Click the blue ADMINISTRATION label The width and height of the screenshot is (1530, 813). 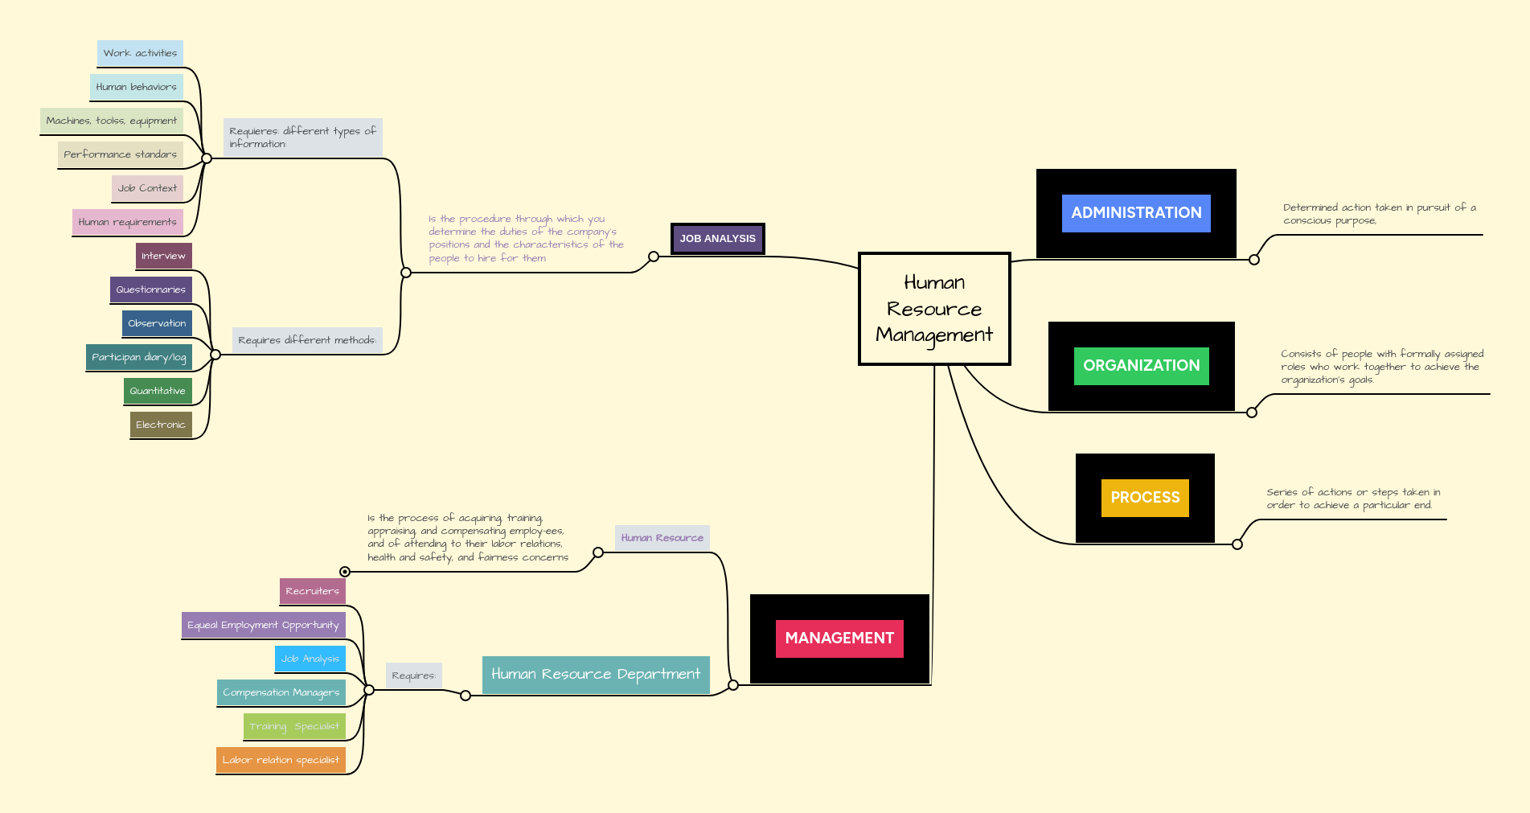1136,213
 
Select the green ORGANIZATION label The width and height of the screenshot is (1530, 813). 1141,366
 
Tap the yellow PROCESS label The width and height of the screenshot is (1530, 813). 1145,498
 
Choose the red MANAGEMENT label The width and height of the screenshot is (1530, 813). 839,638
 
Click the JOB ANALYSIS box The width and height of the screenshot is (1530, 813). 717,239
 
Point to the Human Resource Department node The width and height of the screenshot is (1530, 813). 596,675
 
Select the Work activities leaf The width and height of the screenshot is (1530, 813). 140,53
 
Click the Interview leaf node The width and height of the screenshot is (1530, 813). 163,256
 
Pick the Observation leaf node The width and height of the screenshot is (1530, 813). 157,323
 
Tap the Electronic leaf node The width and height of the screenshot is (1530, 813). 161,425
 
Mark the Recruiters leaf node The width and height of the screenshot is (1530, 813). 312,591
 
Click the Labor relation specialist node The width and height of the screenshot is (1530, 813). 281,760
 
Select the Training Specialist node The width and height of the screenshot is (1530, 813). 294,726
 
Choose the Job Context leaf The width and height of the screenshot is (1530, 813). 147,188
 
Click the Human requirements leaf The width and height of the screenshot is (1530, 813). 127,222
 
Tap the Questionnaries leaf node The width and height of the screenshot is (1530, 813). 150,289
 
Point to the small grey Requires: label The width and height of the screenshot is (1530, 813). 413,675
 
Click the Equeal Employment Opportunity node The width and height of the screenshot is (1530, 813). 263,625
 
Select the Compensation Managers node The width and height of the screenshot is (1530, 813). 281,692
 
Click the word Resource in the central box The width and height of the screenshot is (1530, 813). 934,310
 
